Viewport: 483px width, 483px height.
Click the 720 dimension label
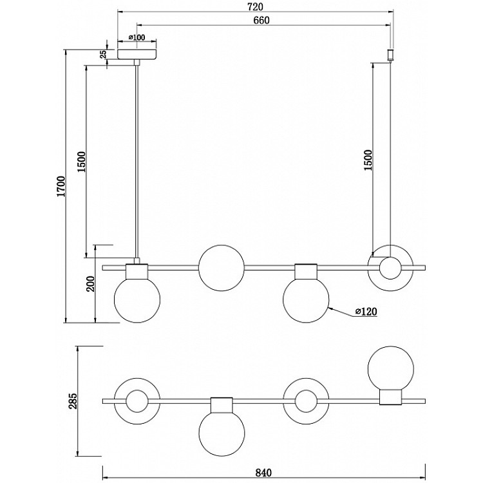coord(255,7)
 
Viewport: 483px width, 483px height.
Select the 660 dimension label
coord(260,20)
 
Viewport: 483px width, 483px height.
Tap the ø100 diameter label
coord(137,37)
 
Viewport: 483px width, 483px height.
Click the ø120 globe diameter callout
coord(365,312)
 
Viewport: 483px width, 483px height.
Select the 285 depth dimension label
coord(73,401)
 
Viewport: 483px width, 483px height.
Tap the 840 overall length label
coord(263,473)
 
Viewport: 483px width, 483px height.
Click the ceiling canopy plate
coord(137,52)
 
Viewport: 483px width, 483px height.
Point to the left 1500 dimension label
coord(80,161)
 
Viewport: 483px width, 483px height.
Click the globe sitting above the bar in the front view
coord(221,267)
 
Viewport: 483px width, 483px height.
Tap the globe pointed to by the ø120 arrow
coord(306,299)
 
